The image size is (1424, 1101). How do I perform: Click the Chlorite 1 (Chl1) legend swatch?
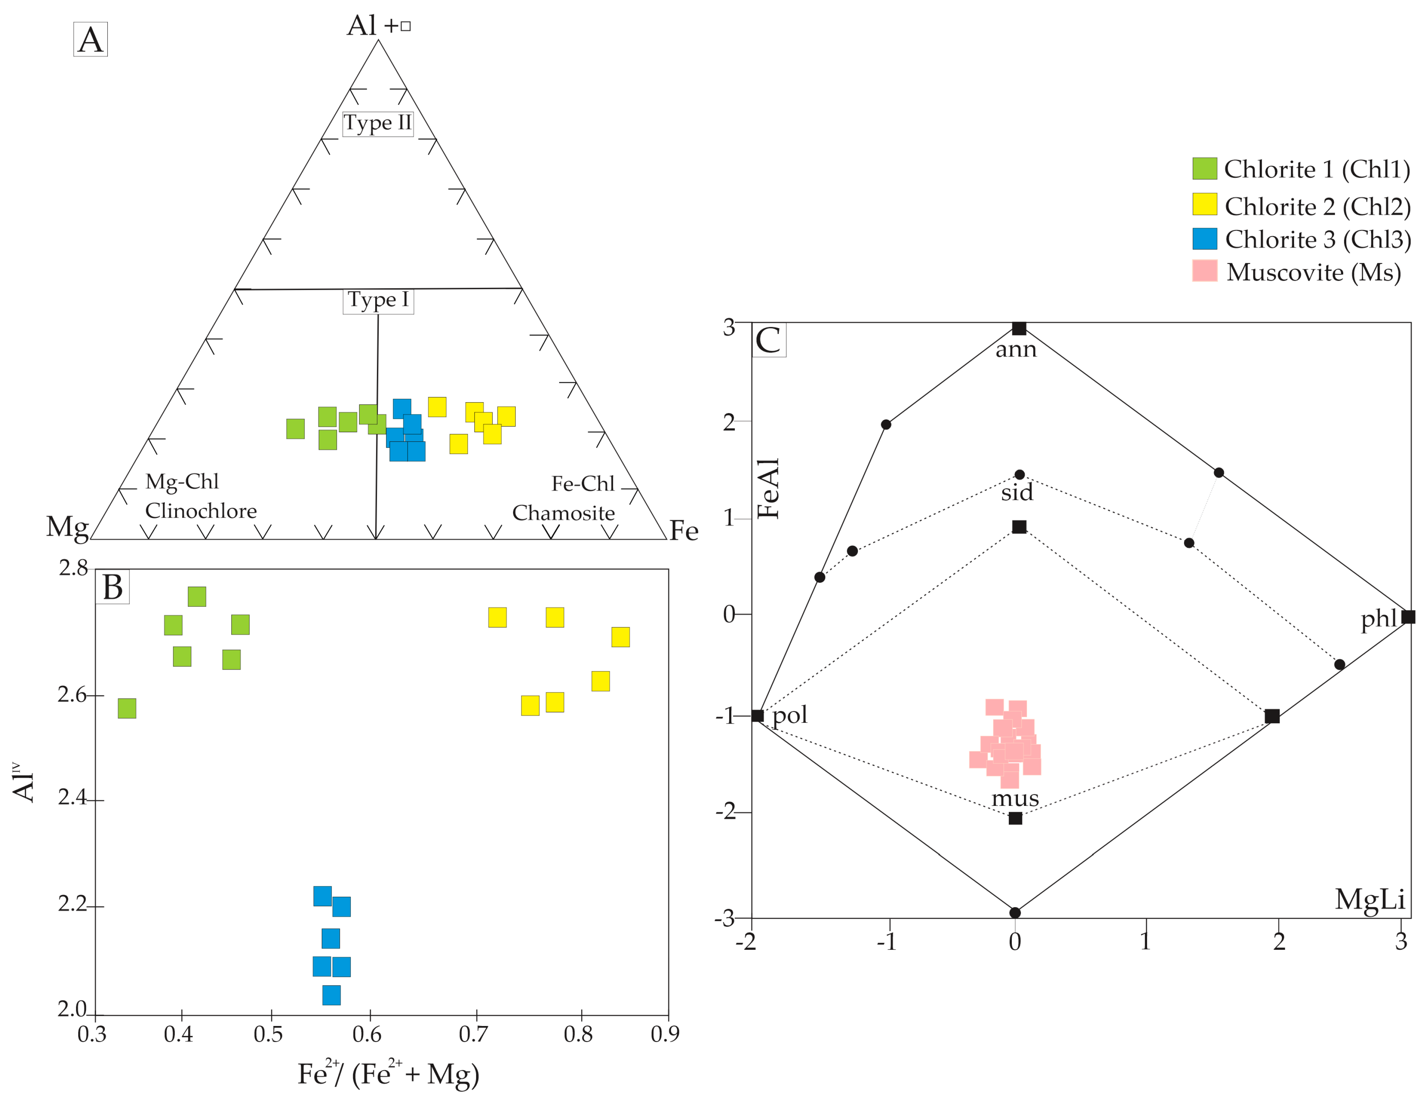[1204, 168]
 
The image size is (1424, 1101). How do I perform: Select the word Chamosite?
[563, 513]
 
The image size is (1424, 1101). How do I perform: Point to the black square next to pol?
[757, 716]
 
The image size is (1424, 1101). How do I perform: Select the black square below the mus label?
[1015, 818]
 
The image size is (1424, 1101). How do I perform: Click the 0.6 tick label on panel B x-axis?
[367, 1034]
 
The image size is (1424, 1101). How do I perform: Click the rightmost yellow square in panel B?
[621, 637]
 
